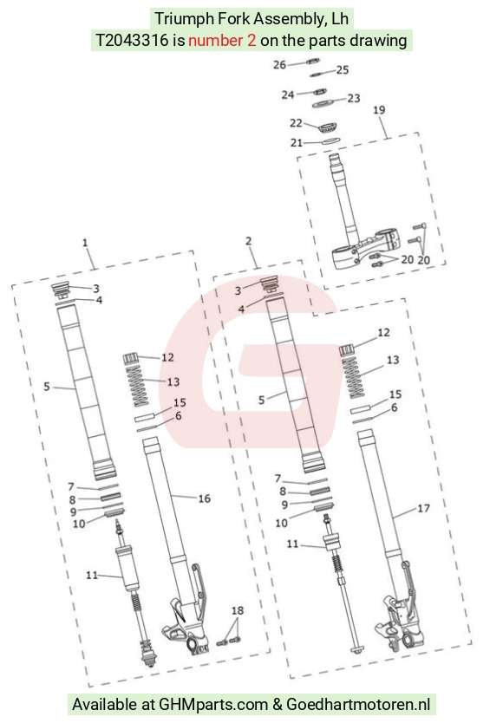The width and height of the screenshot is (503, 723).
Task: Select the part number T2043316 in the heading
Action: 132,41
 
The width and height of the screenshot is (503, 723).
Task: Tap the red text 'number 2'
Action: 222,41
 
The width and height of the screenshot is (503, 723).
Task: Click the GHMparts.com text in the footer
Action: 213,704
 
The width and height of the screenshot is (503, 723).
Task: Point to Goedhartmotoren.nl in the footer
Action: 358,704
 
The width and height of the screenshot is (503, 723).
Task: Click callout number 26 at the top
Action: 279,65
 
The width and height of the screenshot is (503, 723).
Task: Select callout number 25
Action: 343,70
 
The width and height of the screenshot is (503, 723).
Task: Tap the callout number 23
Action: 354,98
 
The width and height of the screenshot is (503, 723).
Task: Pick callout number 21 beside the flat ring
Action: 297,143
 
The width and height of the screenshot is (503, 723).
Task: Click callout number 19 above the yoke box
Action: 379,110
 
